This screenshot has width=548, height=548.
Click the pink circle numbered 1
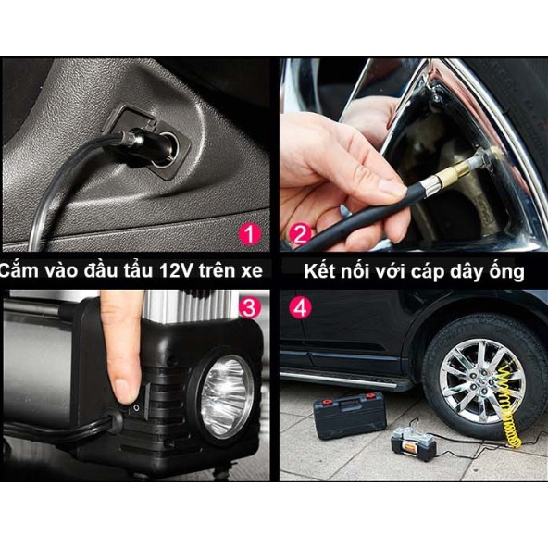pyautogui.click(x=250, y=234)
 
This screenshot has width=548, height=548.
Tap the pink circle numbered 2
pyautogui.click(x=300, y=234)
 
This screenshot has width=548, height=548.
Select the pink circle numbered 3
pyautogui.click(x=250, y=307)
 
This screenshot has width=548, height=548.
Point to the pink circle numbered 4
pyautogui.click(x=300, y=307)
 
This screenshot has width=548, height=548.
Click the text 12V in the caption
pyautogui.click(x=176, y=270)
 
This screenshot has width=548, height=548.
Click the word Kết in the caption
pyautogui.click(x=319, y=271)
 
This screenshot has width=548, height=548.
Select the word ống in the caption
pyautogui.click(x=506, y=271)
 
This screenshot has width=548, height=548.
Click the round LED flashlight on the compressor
pyautogui.click(x=227, y=396)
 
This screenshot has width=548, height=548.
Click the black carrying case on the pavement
pyautogui.click(x=350, y=415)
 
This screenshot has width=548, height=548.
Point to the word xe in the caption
pyautogui.click(x=252, y=271)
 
